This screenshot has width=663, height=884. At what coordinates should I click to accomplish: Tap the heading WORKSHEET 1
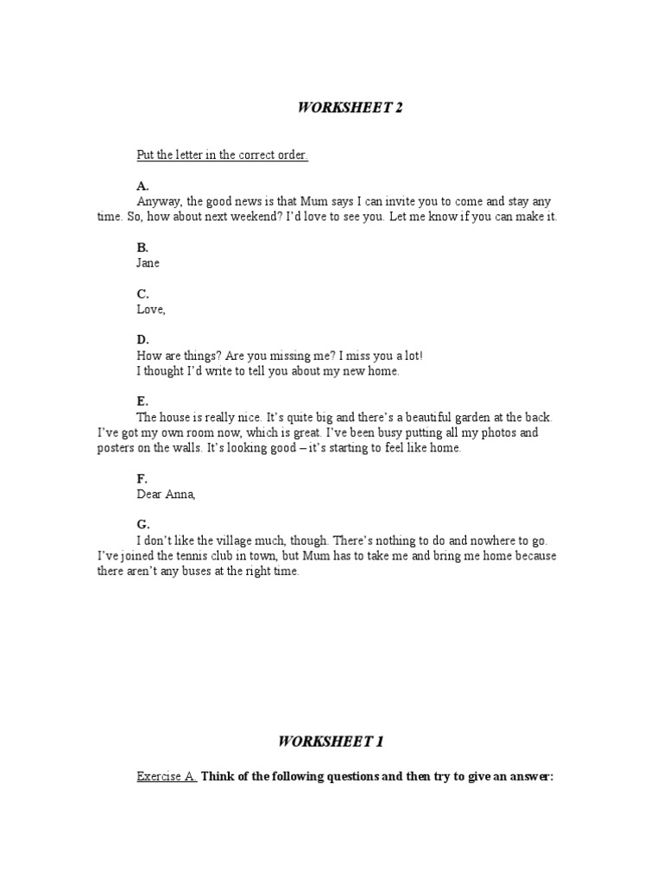331,742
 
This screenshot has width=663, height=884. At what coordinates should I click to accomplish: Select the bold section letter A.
142,186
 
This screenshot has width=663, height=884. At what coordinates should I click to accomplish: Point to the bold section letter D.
142,340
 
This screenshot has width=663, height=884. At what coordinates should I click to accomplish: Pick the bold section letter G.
142,524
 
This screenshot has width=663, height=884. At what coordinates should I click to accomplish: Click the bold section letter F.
142,478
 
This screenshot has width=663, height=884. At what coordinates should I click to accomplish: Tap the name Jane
148,262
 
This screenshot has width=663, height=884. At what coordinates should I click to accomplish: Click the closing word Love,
151,309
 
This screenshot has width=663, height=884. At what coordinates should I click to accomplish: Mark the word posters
117,448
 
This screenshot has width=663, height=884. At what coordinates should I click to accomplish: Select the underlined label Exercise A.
167,776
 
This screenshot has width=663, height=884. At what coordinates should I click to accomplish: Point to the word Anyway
160,201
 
